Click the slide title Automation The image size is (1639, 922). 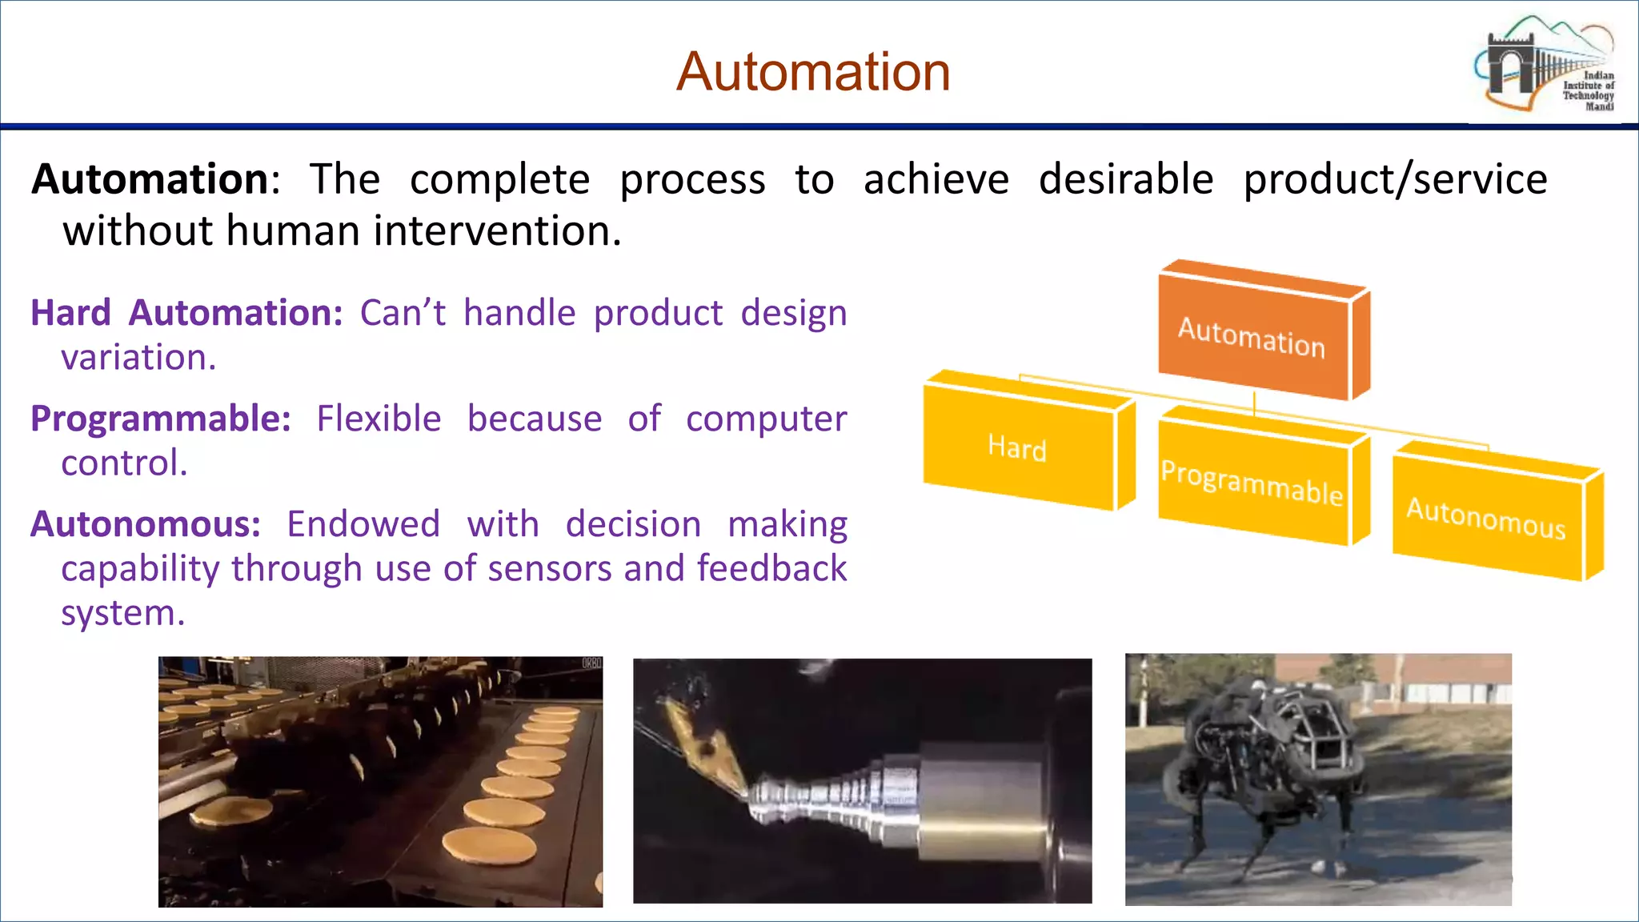pos(813,72)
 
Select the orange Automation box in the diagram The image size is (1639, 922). pos(1252,336)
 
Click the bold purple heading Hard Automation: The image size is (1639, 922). pos(186,312)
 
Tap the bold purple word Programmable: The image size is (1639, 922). pos(160,419)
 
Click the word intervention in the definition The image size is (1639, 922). pos(496,231)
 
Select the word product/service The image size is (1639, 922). pos(1395,179)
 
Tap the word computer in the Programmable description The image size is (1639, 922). pos(766,419)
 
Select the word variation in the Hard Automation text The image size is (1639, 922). pos(138,358)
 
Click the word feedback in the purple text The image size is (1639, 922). pos(771,569)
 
